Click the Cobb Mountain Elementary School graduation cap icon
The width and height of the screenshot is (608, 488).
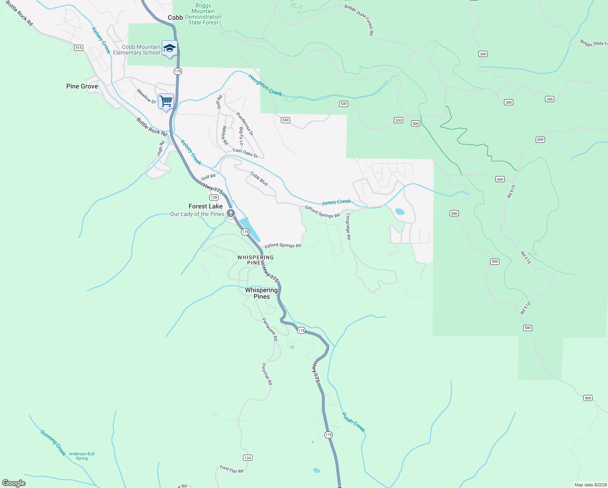tap(169, 48)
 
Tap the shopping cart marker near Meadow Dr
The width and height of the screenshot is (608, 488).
tap(166, 101)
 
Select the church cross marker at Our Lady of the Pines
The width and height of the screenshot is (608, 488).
tap(230, 213)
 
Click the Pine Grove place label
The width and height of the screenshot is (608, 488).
tap(82, 86)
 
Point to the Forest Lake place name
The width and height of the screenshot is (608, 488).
tap(205, 206)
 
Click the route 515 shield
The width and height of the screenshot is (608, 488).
tap(78, 48)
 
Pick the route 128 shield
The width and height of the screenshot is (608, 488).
tap(214, 197)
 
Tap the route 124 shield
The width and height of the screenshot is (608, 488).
tap(248, 457)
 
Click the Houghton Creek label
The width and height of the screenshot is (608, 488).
tap(265, 85)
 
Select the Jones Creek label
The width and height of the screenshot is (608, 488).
tap(336, 202)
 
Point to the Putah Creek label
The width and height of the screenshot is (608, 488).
tap(353, 423)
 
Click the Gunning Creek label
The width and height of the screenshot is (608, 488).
tap(53, 442)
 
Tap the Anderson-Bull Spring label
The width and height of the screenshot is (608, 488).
tap(82, 456)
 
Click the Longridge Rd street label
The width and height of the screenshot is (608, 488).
tap(348, 227)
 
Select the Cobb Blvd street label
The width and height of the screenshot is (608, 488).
tap(259, 179)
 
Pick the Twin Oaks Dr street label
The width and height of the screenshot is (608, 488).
tap(245, 153)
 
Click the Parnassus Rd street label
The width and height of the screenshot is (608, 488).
tap(269, 329)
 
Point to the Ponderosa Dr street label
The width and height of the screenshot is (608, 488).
tap(245, 124)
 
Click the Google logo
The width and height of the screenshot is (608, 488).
tap(14, 483)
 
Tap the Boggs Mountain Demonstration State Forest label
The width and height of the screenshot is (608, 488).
tap(203, 14)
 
